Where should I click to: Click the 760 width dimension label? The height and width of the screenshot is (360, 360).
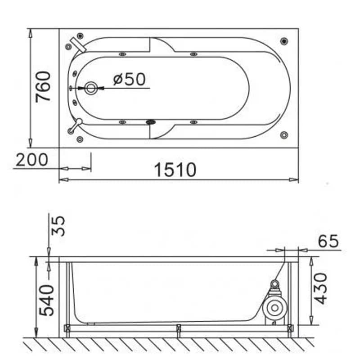(x=43, y=87)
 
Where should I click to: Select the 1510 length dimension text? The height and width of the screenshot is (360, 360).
(x=175, y=170)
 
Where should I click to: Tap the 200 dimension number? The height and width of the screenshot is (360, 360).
(x=32, y=160)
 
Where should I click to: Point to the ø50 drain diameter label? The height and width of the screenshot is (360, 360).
(x=130, y=79)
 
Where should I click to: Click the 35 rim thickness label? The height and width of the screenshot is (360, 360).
(x=58, y=226)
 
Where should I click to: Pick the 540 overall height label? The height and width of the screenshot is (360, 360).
(x=46, y=300)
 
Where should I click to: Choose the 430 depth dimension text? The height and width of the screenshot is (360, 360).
(x=320, y=288)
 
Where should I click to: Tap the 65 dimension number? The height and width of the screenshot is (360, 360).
(x=328, y=241)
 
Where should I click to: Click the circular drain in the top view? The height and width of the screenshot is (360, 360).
(x=91, y=88)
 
